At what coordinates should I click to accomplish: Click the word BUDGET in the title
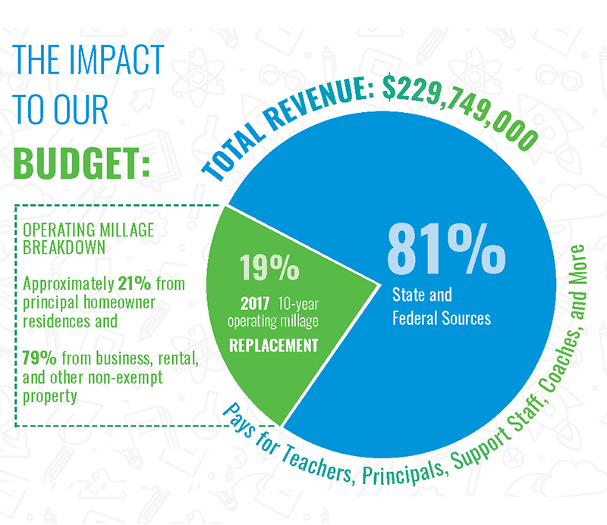point(75,163)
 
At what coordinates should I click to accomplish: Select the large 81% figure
point(446,248)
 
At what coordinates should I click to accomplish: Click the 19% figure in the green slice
point(269,267)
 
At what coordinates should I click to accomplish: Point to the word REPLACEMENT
point(274,345)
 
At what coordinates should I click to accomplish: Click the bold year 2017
point(255,304)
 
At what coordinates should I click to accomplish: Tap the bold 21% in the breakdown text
point(134,283)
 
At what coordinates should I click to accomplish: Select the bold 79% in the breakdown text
point(39,358)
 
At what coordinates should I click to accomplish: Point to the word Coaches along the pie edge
point(556,360)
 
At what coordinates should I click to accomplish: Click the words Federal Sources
point(442,318)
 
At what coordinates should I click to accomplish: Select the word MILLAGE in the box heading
point(127,230)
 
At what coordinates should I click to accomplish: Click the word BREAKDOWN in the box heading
point(64,247)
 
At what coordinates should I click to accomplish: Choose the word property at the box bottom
point(49,397)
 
